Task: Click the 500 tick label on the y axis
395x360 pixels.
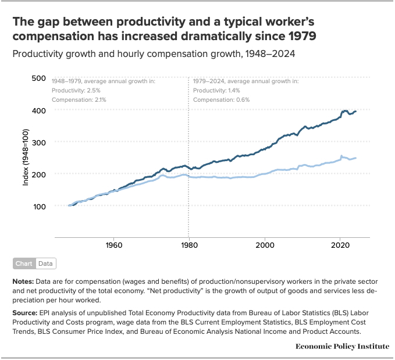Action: (x=38, y=78)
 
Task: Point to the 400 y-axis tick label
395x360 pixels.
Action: (x=38, y=110)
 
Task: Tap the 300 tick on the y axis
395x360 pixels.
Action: (x=38, y=142)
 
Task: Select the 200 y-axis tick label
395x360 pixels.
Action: (x=38, y=174)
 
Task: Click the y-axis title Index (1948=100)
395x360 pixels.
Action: (x=26, y=158)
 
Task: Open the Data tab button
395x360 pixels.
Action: (x=45, y=263)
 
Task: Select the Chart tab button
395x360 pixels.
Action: (x=24, y=263)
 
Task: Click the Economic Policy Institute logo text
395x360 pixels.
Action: (x=342, y=346)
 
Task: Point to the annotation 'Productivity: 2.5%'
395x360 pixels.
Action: (x=76, y=91)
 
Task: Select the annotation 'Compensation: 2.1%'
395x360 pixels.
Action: (x=79, y=100)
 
